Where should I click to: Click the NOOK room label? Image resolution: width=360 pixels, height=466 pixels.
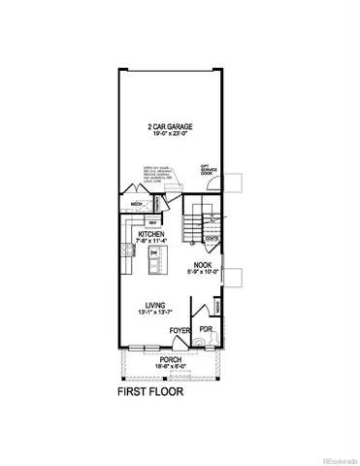point(202,264)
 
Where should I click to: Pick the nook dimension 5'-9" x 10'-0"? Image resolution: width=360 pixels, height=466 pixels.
point(202,272)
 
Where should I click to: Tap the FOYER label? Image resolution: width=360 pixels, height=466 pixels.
point(180,331)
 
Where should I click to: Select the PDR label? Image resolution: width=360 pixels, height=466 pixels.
point(206,330)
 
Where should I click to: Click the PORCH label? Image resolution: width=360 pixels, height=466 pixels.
point(171,358)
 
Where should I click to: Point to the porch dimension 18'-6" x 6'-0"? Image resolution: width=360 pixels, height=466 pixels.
point(171,366)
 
